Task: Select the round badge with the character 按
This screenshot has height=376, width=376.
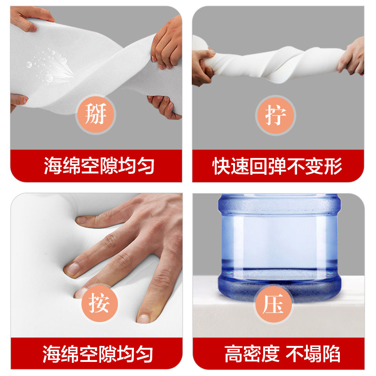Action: (x=96, y=304)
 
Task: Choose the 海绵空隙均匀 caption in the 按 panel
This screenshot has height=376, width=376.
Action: (x=99, y=354)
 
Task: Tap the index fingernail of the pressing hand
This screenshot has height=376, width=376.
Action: (x=73, y=268)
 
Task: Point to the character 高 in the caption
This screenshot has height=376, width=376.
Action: (x=233, y=354)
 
